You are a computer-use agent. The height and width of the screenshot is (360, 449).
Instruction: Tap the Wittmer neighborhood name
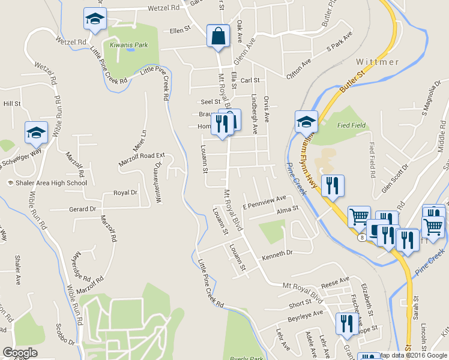(x=378, y=62)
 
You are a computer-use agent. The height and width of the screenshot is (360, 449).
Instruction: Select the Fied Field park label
(x=352, y=125)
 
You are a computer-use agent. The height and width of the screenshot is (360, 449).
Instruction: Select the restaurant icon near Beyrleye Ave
(x=346, y=324)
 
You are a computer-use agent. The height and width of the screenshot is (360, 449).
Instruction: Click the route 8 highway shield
(x=363, y=238)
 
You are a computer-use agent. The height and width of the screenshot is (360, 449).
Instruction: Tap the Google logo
(x=20, y=353)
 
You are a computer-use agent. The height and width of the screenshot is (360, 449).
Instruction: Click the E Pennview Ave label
(x=264, y=201)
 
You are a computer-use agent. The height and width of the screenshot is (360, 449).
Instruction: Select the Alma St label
(x=288, y=210)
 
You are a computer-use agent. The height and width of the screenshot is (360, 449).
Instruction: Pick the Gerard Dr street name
(x=82, y=209)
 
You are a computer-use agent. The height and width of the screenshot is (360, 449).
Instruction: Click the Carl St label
(x=250, y=80)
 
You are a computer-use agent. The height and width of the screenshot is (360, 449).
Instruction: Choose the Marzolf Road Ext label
(x=141, y=158)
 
